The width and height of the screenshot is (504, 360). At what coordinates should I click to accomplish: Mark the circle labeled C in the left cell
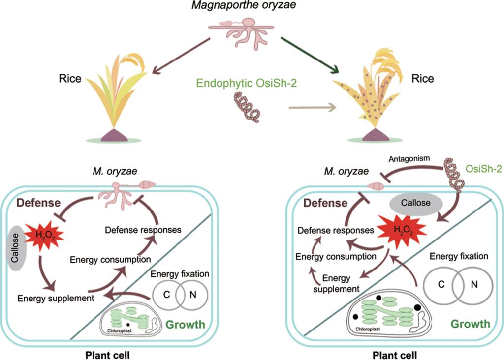167,294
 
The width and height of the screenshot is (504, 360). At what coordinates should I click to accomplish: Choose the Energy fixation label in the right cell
459,256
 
